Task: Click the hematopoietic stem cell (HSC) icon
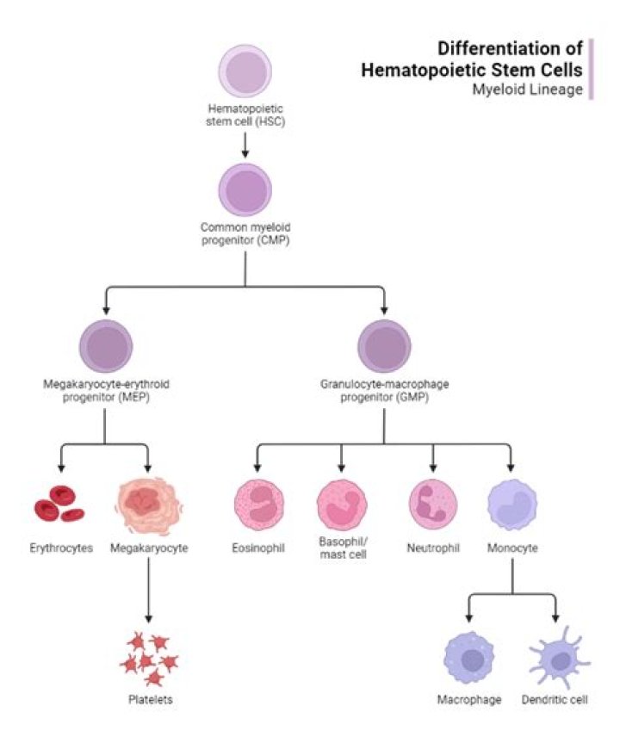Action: pos(245,71)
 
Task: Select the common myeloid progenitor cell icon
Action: pos(245,190)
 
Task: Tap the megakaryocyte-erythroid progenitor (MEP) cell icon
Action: pos(105,345)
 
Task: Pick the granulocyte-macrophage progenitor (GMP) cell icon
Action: pos(384,345)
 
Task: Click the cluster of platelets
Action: pos(148,659)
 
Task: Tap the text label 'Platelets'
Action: pos(149,699)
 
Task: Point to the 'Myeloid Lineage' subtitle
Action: pos(539,89)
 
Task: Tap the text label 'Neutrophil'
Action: pos(433,548)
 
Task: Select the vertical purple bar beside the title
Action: pos(591,69)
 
